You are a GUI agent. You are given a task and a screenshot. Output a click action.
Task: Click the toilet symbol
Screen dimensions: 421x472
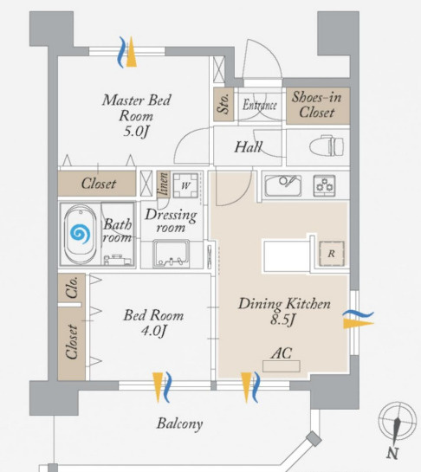point(327,146)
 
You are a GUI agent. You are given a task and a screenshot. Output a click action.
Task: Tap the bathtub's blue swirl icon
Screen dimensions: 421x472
point(80,233)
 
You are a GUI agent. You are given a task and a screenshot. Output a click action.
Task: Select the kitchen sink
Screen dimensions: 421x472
point(282,185)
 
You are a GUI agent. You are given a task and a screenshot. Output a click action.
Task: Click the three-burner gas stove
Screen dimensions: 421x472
point(324,185)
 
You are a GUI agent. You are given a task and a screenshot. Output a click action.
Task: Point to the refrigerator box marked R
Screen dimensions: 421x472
point(331,254)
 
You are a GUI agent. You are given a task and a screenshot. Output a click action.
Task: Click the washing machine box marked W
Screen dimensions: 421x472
point(185,185)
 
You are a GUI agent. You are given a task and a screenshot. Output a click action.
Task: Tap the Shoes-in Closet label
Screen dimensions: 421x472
point(317,105)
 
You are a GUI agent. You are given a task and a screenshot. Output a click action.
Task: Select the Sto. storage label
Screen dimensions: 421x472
point(223,104)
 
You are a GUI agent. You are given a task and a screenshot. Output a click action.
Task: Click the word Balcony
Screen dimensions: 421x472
point(179,424)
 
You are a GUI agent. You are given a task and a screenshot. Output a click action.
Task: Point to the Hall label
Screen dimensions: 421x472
point(249,147)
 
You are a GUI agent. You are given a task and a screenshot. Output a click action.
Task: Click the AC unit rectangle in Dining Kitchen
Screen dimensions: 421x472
point(282,366)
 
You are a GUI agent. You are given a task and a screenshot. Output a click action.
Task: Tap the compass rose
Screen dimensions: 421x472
point(398,420)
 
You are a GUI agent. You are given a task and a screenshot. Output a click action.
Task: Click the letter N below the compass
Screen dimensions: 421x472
point(392,453)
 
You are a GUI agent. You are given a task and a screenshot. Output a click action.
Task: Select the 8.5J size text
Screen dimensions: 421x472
point(282,319)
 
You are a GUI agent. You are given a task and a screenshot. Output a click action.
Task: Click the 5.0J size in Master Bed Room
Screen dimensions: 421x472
point(136,132)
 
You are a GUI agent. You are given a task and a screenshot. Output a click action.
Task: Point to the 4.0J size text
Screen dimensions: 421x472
point(153,331)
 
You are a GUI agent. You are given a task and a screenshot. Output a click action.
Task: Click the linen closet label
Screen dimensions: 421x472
point(164,184)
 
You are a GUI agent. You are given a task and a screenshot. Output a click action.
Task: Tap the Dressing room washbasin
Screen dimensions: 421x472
point(171,254)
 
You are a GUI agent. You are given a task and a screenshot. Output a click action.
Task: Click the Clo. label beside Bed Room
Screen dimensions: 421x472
point(72,288)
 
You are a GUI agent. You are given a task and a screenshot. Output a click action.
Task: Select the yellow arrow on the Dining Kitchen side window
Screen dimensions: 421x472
point(359,324)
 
